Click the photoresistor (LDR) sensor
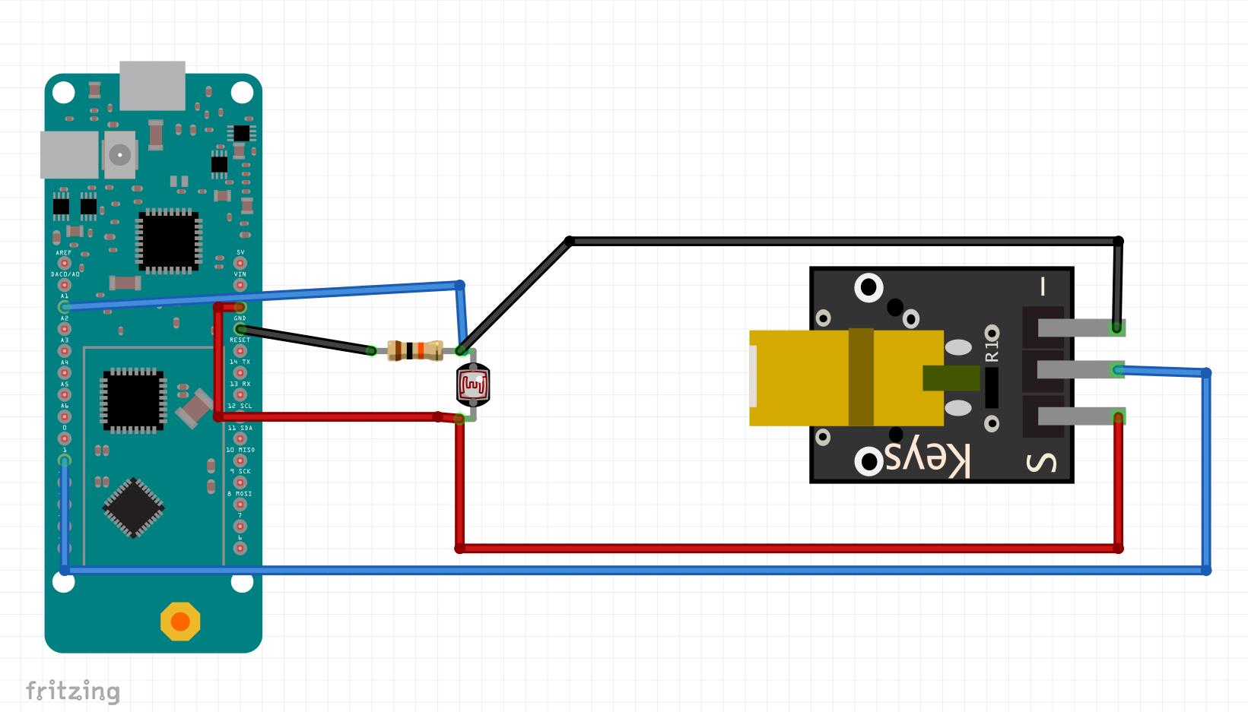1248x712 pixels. (473, 384)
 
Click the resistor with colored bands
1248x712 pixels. (414, 350)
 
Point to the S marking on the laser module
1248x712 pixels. (1042, 462)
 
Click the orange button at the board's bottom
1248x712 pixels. (180, 622)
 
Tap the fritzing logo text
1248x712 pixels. (73, 691)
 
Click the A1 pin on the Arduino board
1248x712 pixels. (65, 307)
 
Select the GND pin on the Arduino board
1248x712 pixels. (240, 329)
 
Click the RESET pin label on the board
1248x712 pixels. (240, 340)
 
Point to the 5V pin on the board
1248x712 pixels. (240, 263)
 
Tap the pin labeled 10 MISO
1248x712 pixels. (240, 460)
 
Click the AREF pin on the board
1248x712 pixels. (65, 263)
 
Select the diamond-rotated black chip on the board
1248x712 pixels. (134, 507)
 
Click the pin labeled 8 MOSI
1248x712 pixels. (240, 505)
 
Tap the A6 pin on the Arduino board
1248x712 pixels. (65, 416)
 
